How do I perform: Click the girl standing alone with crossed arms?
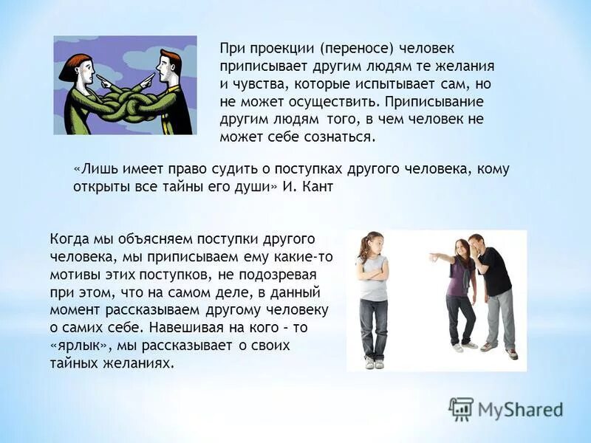tap(374, 295)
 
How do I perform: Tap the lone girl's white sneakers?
tap(375, 363)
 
